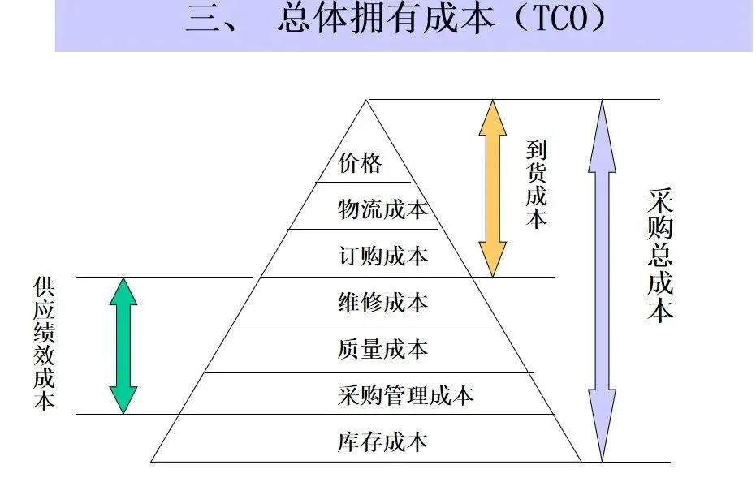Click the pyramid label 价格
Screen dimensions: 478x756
(x=360, y=163)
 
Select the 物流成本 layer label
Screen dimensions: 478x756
(x=382, y=209)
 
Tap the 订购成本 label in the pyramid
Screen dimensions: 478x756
(x=382, y=256)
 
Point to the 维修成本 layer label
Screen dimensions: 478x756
(x=382, y=303)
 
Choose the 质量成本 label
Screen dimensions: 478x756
(x=382, y=350)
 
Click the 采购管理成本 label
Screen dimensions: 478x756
(x=404, y=396)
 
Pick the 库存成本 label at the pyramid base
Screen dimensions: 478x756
(x=382, y=442)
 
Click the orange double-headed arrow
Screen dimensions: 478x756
(x=492, y=187)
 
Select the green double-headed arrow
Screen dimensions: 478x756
(x=123, y=346)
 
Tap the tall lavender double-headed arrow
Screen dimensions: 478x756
(x=602, y=280)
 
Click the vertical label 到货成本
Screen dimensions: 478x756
(x=536, y=184)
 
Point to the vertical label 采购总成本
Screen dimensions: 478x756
(x=660, y=256)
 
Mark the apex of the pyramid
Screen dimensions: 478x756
(x=367, y=101)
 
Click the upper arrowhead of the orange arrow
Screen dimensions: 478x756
(x=492, y=114)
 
